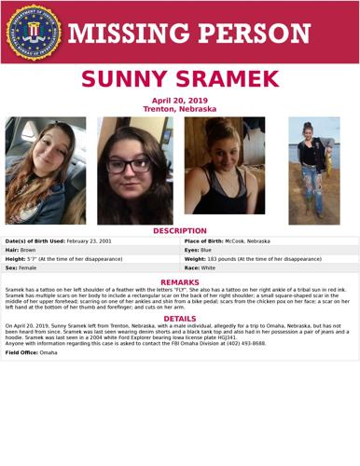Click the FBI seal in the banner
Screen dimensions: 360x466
(x=33, y=33)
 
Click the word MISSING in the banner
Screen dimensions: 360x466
(x=125, y=34)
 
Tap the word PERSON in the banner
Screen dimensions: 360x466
(x=253, y=34)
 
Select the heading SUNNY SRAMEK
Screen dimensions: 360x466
(x=180, y=80)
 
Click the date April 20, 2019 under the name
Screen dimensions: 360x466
(x=180, y=101)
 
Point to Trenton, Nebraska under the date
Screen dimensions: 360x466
(x=180, y=109)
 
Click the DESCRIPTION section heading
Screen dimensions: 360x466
(x=180, y=231)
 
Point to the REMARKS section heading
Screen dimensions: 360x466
(x=180, y=282)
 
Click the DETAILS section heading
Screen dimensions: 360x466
(x=180, y=319)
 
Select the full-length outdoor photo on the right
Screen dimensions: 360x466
(x=313, y=171)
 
